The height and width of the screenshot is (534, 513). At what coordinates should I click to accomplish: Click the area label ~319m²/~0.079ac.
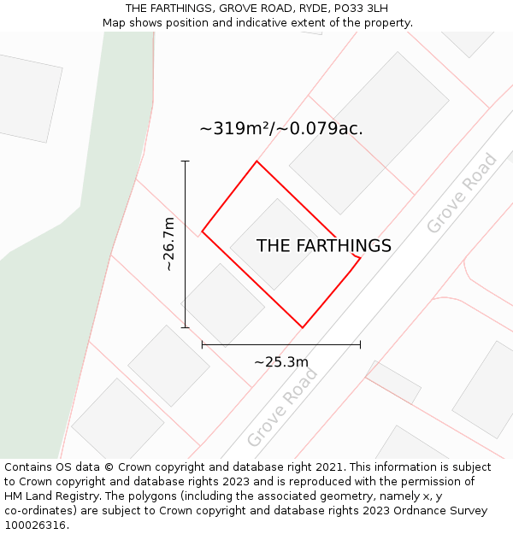[281, 129]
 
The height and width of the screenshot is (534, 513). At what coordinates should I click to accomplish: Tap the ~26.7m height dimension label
[169, 244]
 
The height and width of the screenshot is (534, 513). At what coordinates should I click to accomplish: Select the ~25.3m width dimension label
[281, 361]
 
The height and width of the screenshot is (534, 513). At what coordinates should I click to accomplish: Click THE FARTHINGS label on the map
[324, 246]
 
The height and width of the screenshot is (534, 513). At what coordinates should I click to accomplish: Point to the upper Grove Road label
[462, 193]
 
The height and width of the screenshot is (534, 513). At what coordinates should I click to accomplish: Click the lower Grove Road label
[282, 408]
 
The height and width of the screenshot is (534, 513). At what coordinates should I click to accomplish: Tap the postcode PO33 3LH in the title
[359, 8]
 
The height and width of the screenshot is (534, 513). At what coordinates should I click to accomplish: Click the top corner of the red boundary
[256, 161]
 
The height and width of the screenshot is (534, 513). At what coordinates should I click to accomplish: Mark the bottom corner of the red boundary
[303, 327]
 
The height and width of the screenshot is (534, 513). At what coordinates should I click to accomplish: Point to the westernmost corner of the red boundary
[202, 232]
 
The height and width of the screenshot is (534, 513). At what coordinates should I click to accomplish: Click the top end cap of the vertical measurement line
[185, 161]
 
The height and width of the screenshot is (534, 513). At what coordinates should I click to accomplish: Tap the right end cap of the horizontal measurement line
[360, 344]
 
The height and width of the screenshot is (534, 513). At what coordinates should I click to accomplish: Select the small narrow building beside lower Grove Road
[393, 382]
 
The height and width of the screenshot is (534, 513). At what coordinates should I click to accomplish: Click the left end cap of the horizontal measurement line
[202, 344]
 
